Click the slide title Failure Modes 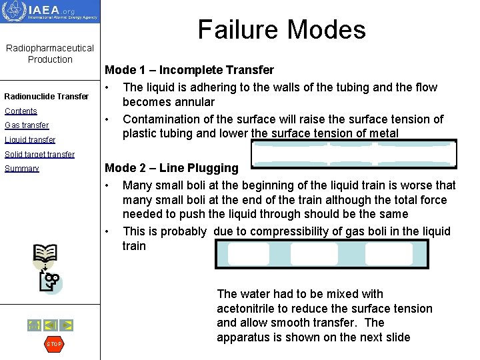pos(281,30)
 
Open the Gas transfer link pos(27,125)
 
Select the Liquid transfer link pos(30,140)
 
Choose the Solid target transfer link pos(39,155)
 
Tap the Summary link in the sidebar pos(22,169)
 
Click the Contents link pos(21,111)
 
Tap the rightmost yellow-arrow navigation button pos(67,325)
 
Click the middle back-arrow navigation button pos(50,325)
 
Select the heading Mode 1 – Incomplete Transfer pos(189,70)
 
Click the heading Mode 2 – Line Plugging pos(171,168)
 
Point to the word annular pos(195,102)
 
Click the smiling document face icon pos(50,282)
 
